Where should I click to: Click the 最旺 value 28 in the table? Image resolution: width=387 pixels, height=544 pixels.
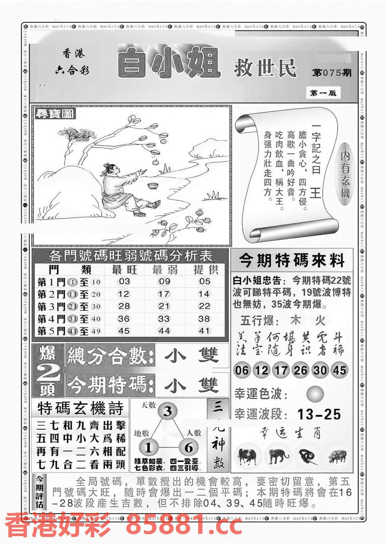tap(124, 306)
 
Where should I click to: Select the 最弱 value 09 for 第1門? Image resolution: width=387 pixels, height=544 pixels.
tap(164, 281)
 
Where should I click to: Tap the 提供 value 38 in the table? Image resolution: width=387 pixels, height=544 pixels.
tap(204, 319)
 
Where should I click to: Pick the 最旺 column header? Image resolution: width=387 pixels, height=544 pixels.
tap(124, 269)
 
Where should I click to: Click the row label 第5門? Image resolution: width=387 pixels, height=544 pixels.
tap(51, 331)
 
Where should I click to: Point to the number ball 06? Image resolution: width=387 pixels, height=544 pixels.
tap(242, 370)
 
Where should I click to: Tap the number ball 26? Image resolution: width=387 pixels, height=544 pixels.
tap(300, 370)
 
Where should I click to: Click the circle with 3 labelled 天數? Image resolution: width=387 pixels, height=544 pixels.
tap(168, 412)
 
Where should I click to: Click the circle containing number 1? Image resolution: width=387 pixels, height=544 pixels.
tap(148, 448)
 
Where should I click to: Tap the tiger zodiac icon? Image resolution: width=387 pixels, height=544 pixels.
tap(279, 456)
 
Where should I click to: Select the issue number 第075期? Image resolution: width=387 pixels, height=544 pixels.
tap(332, 73)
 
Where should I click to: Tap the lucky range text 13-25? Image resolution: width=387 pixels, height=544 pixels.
tap(319, 414)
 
